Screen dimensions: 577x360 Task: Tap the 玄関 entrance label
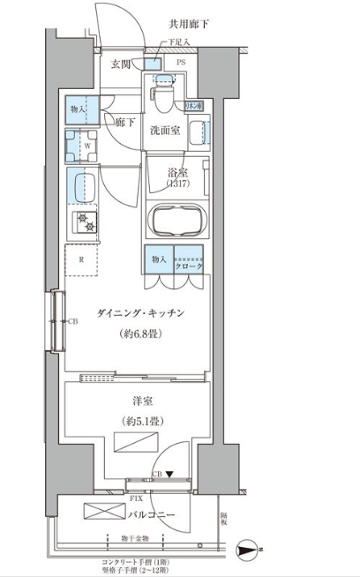[122, 64]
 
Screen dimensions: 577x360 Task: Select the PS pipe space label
[180, 64]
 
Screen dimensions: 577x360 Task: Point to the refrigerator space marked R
[82, 259]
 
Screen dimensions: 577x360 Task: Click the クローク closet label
[190, 266]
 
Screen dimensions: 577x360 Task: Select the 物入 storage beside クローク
[159, 260]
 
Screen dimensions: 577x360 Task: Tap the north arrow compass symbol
[251, 550]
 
